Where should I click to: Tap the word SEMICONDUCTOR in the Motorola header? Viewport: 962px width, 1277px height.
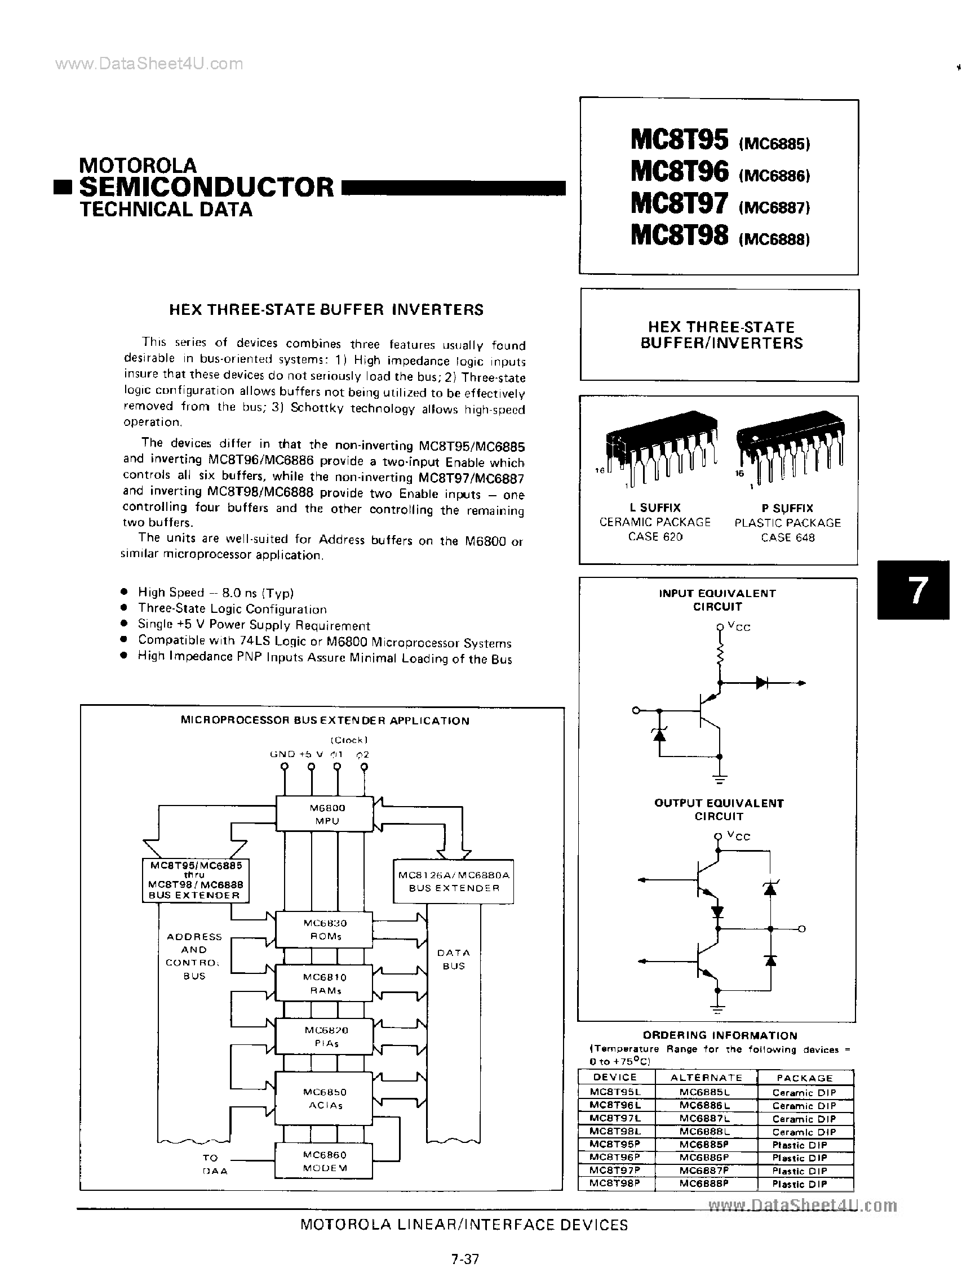(207, 187)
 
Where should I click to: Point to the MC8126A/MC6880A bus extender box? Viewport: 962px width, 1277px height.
(453, 882)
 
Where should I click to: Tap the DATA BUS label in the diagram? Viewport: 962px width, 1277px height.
(453, 959)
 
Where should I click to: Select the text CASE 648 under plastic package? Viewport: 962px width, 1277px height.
(787, 537)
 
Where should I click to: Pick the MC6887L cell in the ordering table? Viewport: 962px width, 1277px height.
(705, 1119)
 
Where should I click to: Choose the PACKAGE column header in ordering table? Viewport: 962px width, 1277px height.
(804, 1078)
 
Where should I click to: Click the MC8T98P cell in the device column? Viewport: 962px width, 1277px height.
(615, 1183)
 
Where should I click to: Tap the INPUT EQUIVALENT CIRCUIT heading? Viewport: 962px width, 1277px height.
(717, 600)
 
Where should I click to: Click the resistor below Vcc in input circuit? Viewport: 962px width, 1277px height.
(720, 655)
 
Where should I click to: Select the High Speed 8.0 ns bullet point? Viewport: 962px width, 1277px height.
(215, 593)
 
